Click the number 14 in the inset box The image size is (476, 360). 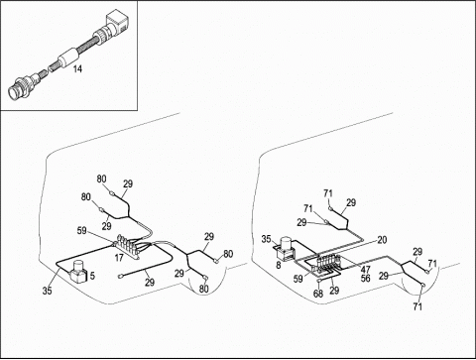(77, 68)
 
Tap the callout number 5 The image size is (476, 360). (92, 276)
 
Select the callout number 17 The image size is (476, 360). (119, 258)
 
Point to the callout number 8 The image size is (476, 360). (279, 265)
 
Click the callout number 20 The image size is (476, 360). (382, 240)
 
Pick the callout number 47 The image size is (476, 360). (365, 270)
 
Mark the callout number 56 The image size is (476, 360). (365, 279)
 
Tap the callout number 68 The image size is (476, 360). (318, 294)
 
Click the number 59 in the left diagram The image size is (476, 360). (82, 231)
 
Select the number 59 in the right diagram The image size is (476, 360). (298, 279)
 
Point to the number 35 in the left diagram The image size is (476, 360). (48, 291)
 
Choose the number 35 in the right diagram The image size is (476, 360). (267, 239)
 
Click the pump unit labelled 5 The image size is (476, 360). (78, 272)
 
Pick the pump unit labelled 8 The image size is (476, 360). (286, 249)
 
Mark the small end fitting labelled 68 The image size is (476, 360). (319, 281)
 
